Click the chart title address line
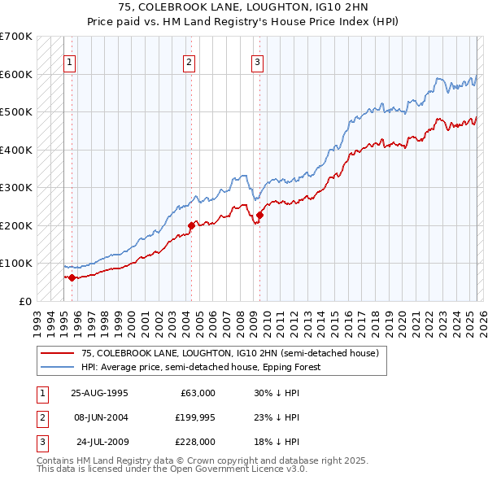click(243, 7)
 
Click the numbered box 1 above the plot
click(71, 61)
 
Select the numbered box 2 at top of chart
click(189, 61)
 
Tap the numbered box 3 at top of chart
click(257, 61)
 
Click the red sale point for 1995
click(72, 277)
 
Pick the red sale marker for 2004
click(191, 225)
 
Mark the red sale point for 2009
click(260, 216)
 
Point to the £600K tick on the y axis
click(18, 74)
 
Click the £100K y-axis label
click(18, 264)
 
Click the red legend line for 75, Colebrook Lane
click(58, 354)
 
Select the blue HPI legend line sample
click(58, 367)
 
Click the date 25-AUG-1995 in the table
click(99, 393)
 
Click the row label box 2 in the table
click(41, 417)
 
